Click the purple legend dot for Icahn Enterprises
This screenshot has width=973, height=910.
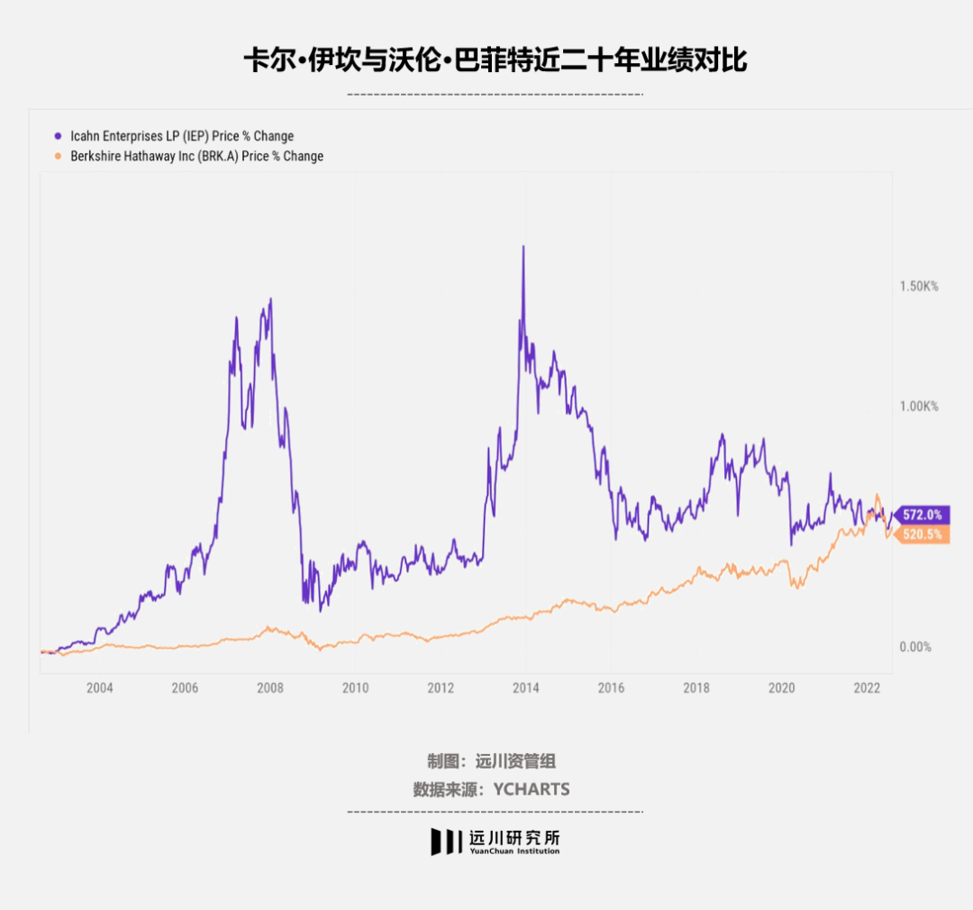[x=59, y=136]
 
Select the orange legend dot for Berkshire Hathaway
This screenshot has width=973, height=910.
[x=59, y=156]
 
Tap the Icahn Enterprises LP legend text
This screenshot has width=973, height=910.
[x=182, y=136]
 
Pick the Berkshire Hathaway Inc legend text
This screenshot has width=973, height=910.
[x=196, y=156]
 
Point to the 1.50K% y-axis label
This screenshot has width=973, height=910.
[x=919, y=286]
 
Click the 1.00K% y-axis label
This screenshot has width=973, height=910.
[x=919, y=406]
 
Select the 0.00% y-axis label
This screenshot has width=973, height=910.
[x=914, y=647]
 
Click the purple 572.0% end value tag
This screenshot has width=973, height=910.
[x=921, y=515]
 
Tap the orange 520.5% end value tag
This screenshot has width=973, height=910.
[x=921, y=534]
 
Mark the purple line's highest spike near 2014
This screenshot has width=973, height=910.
[x=523, y=248]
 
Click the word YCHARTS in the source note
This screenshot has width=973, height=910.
[x=532, y=789]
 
